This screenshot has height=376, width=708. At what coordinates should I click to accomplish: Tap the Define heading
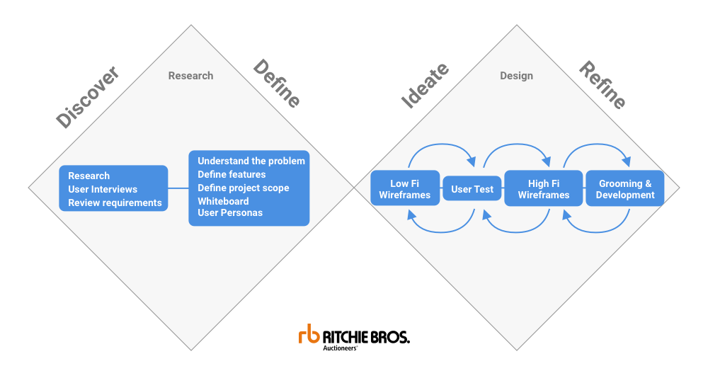coord(277,84)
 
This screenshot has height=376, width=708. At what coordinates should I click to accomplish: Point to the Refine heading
coord(603,85)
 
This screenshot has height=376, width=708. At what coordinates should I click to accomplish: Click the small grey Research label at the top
coord(190,76)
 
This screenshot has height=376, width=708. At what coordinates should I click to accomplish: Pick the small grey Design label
coord(516,76)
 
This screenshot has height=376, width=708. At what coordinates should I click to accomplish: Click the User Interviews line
coord(103,189)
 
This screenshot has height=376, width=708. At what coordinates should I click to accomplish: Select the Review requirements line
coord(115,203)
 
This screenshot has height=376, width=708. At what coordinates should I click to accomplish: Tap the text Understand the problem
coord(251,161)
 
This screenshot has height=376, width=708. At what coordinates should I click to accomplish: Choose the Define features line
coord(232,174)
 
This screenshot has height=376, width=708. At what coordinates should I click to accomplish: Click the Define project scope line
coord(243,188)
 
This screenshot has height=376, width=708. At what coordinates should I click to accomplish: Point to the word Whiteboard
coord(223,201)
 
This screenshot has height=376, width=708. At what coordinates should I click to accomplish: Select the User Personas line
coord(230,212)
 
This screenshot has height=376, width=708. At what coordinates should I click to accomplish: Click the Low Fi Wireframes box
coord(404,189)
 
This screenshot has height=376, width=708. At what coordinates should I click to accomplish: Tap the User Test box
coord(472,189)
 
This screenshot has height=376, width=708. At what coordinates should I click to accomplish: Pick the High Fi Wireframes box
coord(543,189)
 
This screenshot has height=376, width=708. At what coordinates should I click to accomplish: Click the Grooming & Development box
coord(625,189)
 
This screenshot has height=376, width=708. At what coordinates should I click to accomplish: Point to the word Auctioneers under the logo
coord(340,348)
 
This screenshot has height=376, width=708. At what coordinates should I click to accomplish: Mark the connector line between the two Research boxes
coord(178,188)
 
